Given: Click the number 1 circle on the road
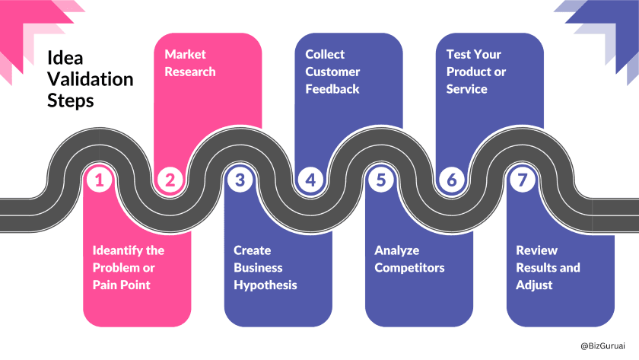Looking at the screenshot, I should pyautogui.click(x=100, y=180).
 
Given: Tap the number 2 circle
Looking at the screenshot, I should pyautogui.click(x=170, y=180).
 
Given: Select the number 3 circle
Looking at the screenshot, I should pyautogui.click(x=240, y=180).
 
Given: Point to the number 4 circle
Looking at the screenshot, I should pyautogui.click(x=310, y=180).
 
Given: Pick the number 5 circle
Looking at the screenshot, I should pyautogui.click(x=380, y=180).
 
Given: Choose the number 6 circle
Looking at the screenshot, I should pyautogui.click(x=451, y=180).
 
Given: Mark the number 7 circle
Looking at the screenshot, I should pyautogui.click(x=521, y=180).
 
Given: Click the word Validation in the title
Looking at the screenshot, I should pyautogui.click(x=90, y=79).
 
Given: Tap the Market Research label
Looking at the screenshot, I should pyautogui.click(x=190, y=63).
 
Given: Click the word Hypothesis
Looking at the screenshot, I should pyautogui.click(x=265, y=285).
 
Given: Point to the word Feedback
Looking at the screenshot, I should pyautogui.click(x=332, y=89).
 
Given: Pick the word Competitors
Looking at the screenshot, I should pyautogui.click(x=409, y=268).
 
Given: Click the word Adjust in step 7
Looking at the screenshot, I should pyautogui.click(x=534, y=285).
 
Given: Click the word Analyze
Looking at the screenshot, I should pyautogui.click(x=397, y=250).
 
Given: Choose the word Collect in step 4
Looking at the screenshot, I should pyautogui.click(x=325, y=54).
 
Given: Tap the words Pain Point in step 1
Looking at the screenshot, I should pyautogui.click(x=121, y=285).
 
